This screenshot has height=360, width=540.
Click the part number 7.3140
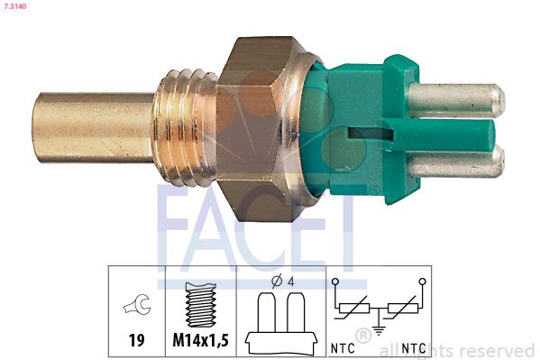tap(17, 6)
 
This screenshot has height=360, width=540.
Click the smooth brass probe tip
tap(90, 126)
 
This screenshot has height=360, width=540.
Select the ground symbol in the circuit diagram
tap(378, 330)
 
